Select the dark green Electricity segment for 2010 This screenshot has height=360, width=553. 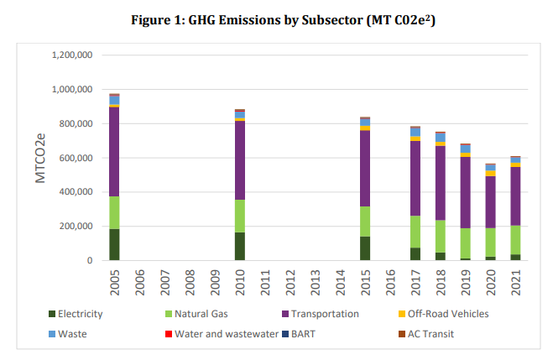(240, 246)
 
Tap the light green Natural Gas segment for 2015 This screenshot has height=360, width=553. (366, 221)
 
